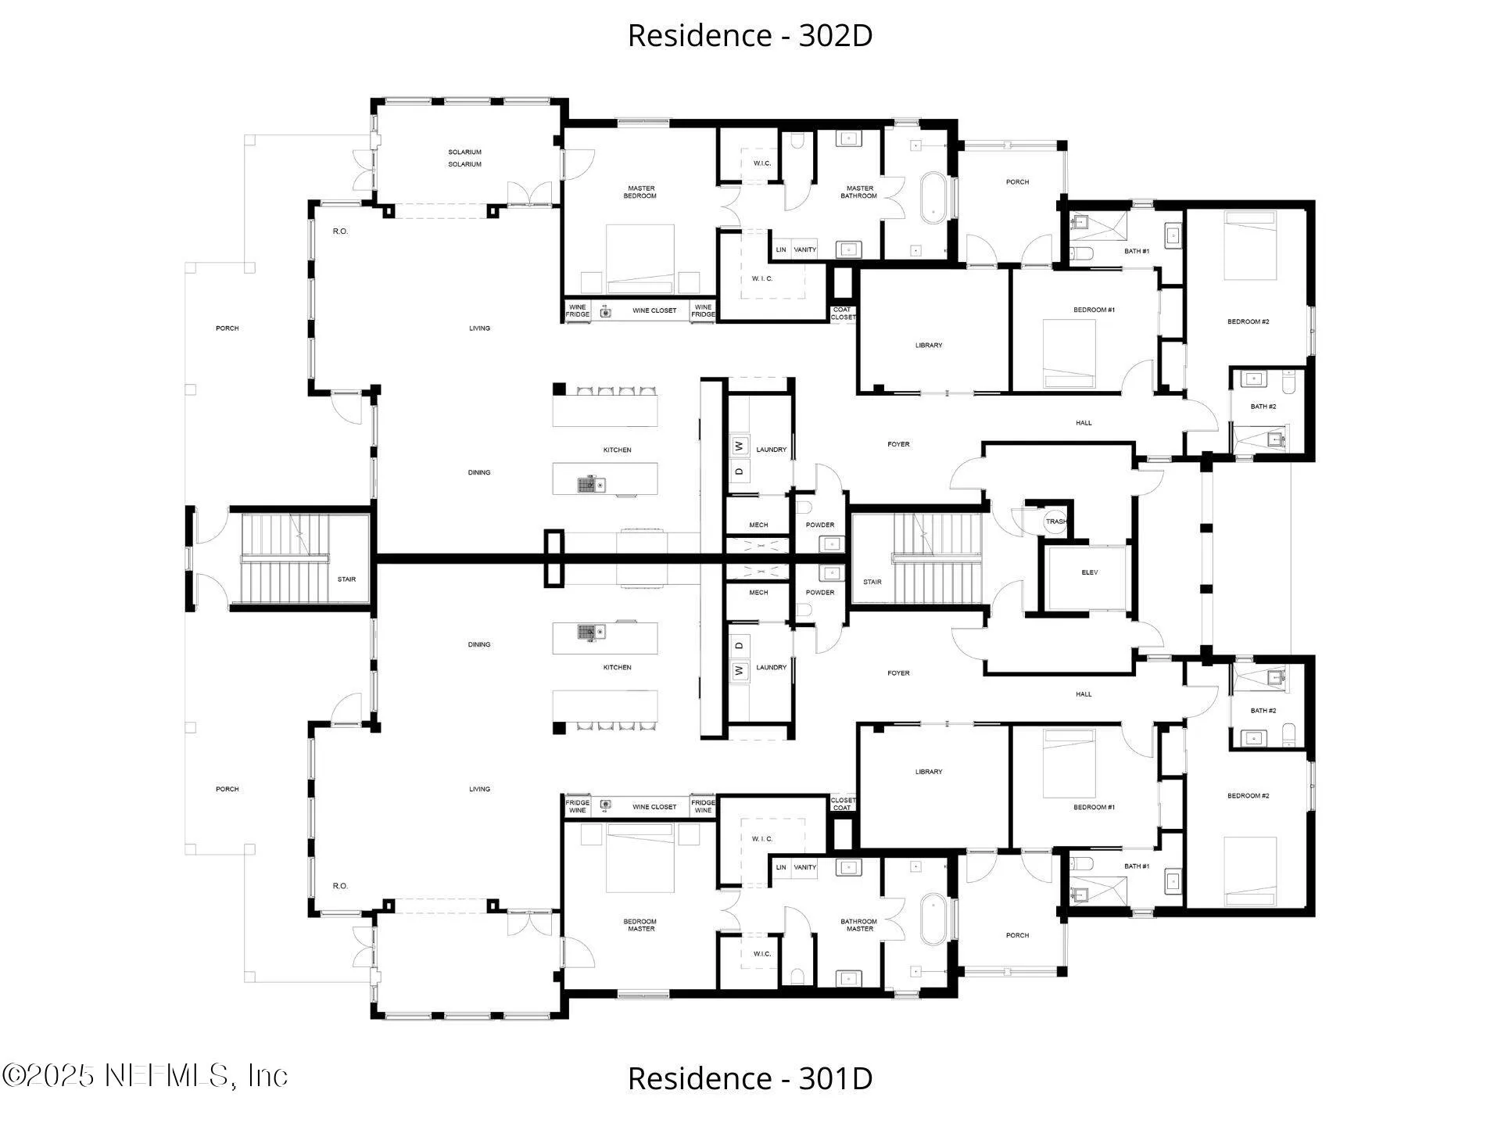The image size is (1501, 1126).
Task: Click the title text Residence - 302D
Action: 750,35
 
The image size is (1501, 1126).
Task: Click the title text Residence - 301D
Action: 750,1078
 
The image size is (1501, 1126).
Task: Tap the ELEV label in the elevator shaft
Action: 1090,572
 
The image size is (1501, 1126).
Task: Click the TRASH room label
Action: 1056,522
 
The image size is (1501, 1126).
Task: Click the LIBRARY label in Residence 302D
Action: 929,345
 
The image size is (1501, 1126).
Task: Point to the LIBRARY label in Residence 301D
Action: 929,772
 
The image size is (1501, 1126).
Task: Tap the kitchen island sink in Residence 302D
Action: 591,485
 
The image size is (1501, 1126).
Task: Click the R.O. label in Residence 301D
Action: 340,886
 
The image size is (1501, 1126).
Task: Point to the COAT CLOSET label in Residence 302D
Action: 843,314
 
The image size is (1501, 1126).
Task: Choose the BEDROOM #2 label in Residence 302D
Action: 1248,321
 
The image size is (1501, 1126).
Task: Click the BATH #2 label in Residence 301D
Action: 1263,711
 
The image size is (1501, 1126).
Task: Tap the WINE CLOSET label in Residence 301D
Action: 654,807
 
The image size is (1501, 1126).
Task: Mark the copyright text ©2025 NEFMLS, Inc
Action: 145,1076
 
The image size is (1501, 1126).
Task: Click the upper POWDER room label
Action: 820,525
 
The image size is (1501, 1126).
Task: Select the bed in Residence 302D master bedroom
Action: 640,259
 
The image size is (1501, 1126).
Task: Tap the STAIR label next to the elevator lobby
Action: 872,582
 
